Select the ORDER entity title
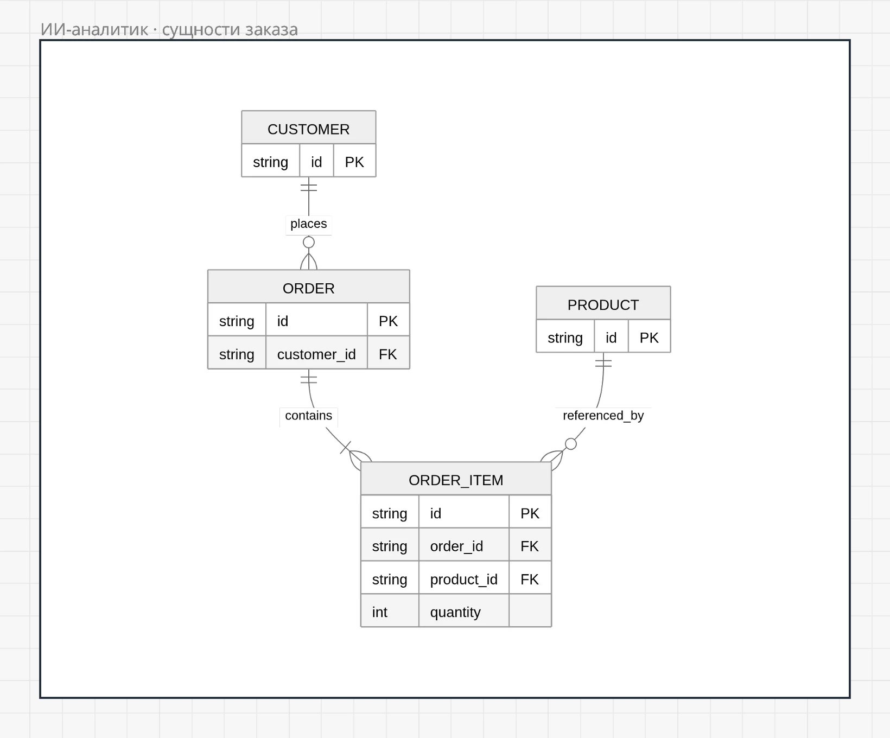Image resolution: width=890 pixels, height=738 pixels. (308, 288)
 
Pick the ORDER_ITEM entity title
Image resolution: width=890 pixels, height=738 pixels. (456, 480)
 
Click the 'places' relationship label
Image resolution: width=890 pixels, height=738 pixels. (308, 224)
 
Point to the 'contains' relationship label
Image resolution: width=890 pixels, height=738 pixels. (308, 416)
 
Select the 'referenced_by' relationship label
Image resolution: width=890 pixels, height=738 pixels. (603, 416)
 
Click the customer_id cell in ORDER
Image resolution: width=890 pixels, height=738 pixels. (316, 354)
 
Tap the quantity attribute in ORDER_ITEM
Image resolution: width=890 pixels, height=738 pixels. (455, 612)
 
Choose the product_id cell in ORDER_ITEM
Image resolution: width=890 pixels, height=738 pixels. (463, 580)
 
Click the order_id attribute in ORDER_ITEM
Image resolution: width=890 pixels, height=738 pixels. (456, 546)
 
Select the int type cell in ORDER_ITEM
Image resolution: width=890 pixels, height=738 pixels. (379, 612)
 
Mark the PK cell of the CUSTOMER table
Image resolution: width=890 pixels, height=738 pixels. (354, 162)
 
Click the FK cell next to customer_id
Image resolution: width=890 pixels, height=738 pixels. (388, 354)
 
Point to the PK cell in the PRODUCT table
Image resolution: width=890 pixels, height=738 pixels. (649, 338)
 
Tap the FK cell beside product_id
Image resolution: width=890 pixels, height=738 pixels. (530, 580)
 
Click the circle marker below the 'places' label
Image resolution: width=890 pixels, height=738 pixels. (309, 242)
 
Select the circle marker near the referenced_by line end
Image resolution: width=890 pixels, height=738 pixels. (571, 444)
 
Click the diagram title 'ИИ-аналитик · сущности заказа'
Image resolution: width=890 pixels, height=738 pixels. (169, 29)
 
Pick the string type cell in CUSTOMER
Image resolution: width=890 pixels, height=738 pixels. (270, 162)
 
